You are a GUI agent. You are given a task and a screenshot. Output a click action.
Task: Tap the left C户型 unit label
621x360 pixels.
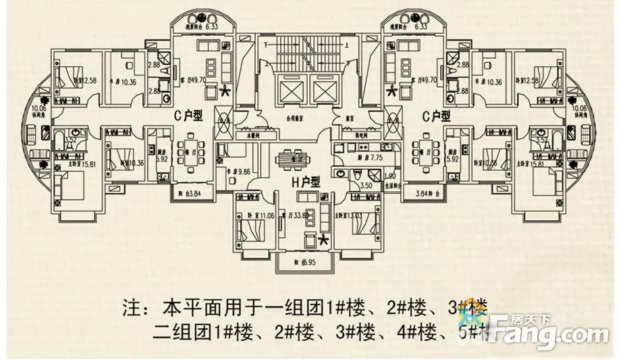pos(188,116)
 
